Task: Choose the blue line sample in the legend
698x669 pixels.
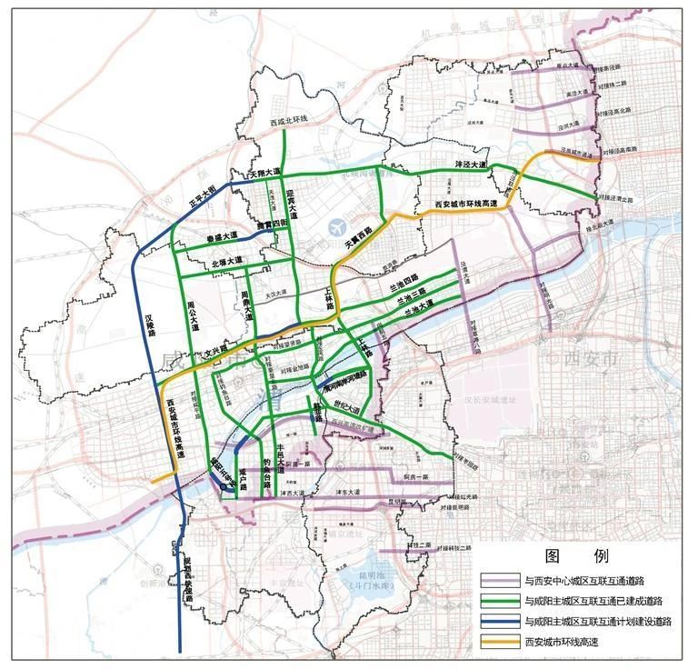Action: point(500,622)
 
